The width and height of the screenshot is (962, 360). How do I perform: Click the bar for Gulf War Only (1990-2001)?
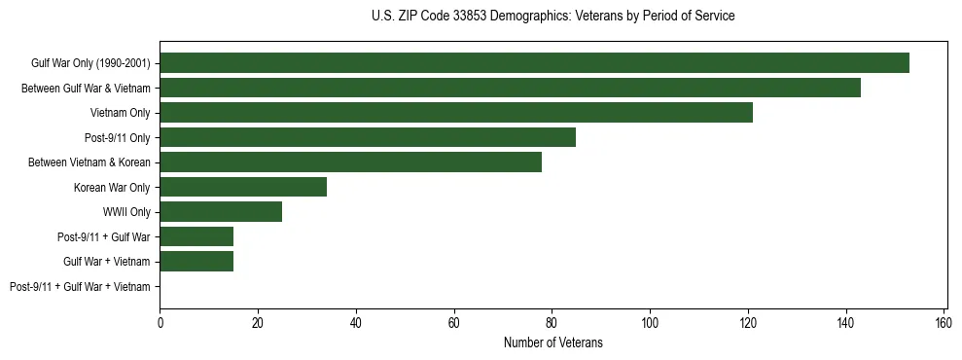[534, 63]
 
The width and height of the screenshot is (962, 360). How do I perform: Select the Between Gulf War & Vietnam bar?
[510, 88]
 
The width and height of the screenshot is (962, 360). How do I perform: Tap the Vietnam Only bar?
[456, 113]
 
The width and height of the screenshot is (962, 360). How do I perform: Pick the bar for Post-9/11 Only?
[368, 137]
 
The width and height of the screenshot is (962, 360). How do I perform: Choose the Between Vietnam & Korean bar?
[350, 162]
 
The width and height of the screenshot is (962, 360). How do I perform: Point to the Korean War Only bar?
[243, 187]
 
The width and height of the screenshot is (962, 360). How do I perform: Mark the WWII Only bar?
[221, 212]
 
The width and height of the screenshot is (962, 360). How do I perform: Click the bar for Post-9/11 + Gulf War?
[196, 236]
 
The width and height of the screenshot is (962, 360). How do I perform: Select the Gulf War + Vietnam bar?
[196, 262]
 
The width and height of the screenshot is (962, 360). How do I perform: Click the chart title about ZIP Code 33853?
[552, 17]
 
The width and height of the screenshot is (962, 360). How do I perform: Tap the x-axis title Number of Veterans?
[552, 342]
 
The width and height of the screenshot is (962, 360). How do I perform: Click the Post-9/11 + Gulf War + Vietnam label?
[80, 287]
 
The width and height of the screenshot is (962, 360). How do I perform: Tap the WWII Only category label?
[126, 212]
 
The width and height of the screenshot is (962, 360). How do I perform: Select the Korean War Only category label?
[112, 187]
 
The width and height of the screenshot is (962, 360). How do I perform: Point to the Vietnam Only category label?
[120, 113]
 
